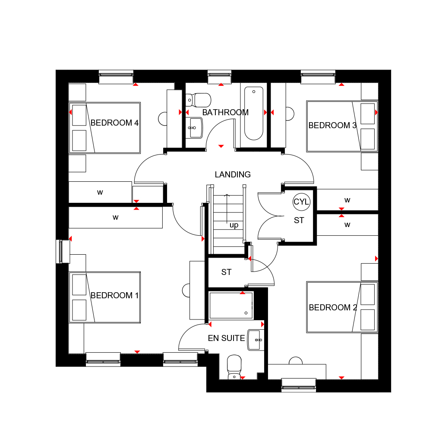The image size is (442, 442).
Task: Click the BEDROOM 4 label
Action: coord(114,123)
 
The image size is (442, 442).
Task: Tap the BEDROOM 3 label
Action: coord(332,126)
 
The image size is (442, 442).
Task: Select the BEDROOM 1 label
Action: coord(114,296)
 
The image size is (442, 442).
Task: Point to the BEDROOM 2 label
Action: coord(333,308)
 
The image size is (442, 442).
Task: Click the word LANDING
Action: coord(233,175)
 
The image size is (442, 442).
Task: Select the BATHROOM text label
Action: coord(225,113)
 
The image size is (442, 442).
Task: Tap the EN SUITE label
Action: coord(226,338)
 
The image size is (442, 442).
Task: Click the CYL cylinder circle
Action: coord(301,202)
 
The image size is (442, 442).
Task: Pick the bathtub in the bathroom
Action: coord(254,113)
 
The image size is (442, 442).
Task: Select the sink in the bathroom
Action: coord(195,128)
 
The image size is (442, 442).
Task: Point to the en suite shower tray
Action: coord(231,305)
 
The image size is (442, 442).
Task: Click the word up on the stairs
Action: coord(234,225)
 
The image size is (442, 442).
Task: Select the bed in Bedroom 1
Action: coord(105,297)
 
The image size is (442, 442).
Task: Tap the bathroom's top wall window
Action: coord(219,77)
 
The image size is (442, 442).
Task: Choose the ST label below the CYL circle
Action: coord(299,221)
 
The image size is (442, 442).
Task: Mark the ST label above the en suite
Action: coord(226,272)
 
